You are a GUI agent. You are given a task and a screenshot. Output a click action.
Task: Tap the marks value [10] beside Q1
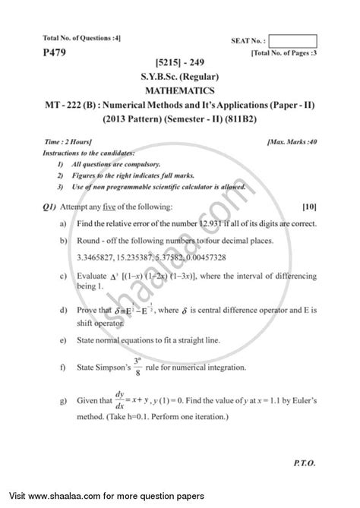[x=308, y=207]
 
